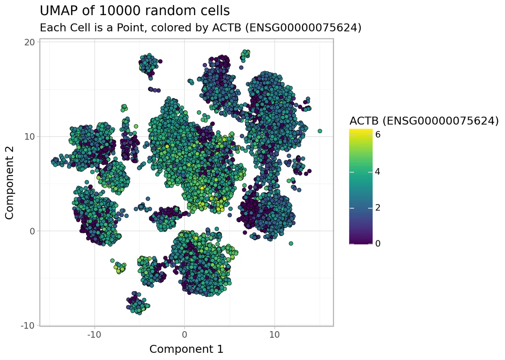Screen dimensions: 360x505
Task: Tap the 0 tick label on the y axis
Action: pyautogui.click(x=33, y=231)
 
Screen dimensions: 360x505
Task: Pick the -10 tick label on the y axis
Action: pyautogui.click(x=29, y=325)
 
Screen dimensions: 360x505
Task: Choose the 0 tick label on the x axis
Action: pyautogui.click(x=184, y=335)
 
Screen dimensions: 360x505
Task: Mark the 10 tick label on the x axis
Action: pyautogui.click(x=274, y=335)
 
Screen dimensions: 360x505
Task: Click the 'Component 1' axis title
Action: pyautogui.click(x=186, y=349)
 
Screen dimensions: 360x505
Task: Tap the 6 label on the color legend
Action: pyautogui.click(x=378, y=135)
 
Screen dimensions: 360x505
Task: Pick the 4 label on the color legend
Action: pyautogui.click(x=378, y=172)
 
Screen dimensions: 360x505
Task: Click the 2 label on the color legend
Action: pyautogui.click(x=378, y=208)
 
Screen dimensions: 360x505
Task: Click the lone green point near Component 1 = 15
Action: pyautogui.click(x=320, y=131)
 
